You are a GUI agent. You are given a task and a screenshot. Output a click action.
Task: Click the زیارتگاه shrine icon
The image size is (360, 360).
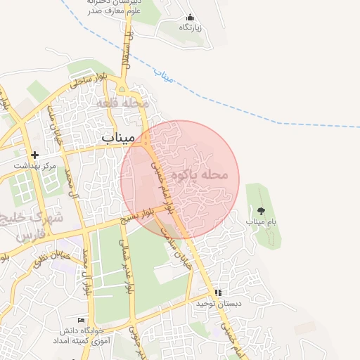point(189,18)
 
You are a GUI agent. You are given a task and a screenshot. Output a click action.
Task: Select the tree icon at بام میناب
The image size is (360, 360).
point(261,210)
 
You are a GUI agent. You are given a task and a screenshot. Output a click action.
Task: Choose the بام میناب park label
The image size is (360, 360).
point(261,221)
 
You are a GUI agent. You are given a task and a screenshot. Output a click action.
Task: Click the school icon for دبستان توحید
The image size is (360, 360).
point(218,292)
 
